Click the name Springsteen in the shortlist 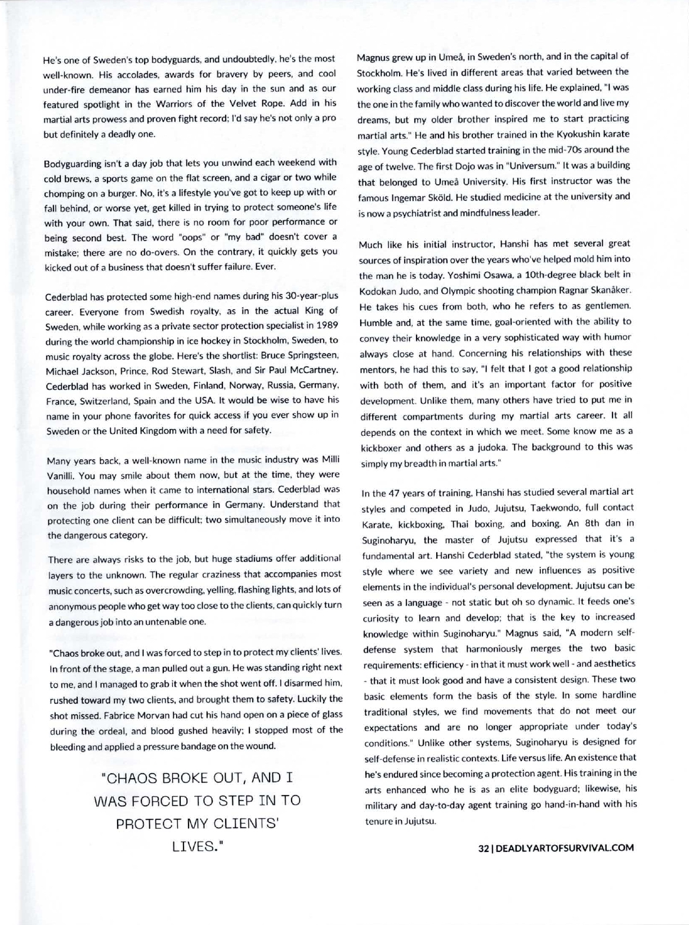click(310, 355)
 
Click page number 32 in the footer click(482, 847)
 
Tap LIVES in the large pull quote click(198, 846)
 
